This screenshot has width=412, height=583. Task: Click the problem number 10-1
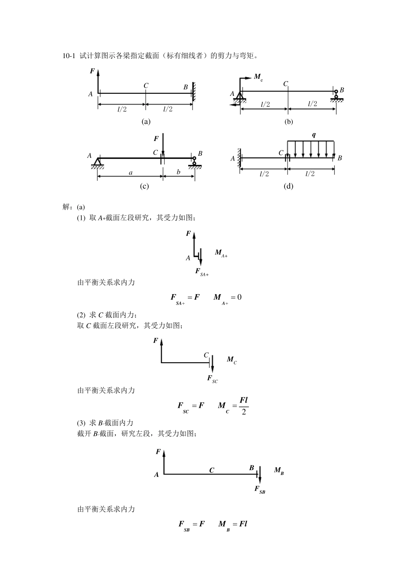[x=69, y=56]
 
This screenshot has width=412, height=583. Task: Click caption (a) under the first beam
[x=146, y=121]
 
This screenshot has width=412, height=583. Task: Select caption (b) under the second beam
[x=288, y=121]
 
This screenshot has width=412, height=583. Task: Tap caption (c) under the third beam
[x=144, y=186]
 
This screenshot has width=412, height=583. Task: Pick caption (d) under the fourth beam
[x=288, y=186]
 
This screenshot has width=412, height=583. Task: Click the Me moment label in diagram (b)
[x=258, y=78]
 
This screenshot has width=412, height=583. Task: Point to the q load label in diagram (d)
[x=314, y=135]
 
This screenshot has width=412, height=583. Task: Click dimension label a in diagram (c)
[x=131, y=172]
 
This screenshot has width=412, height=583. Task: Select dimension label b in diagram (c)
[x=178, y=172]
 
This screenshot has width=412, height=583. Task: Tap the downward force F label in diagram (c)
[x=156, y=138]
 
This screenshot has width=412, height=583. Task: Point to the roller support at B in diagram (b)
[x=336, y=95]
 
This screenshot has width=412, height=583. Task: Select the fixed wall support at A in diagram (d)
[x=239, y=158]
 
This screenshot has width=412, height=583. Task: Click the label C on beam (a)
[x=146, y=86]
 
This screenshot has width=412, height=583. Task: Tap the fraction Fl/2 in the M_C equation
[x=243, y=406]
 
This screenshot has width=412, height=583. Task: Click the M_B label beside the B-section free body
[x=279, y=471]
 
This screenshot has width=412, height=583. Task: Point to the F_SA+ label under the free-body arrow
[x=202, y=272]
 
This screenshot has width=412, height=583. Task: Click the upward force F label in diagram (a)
[x=92, y=71]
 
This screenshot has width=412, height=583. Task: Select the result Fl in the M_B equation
[x=243, y=524]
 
